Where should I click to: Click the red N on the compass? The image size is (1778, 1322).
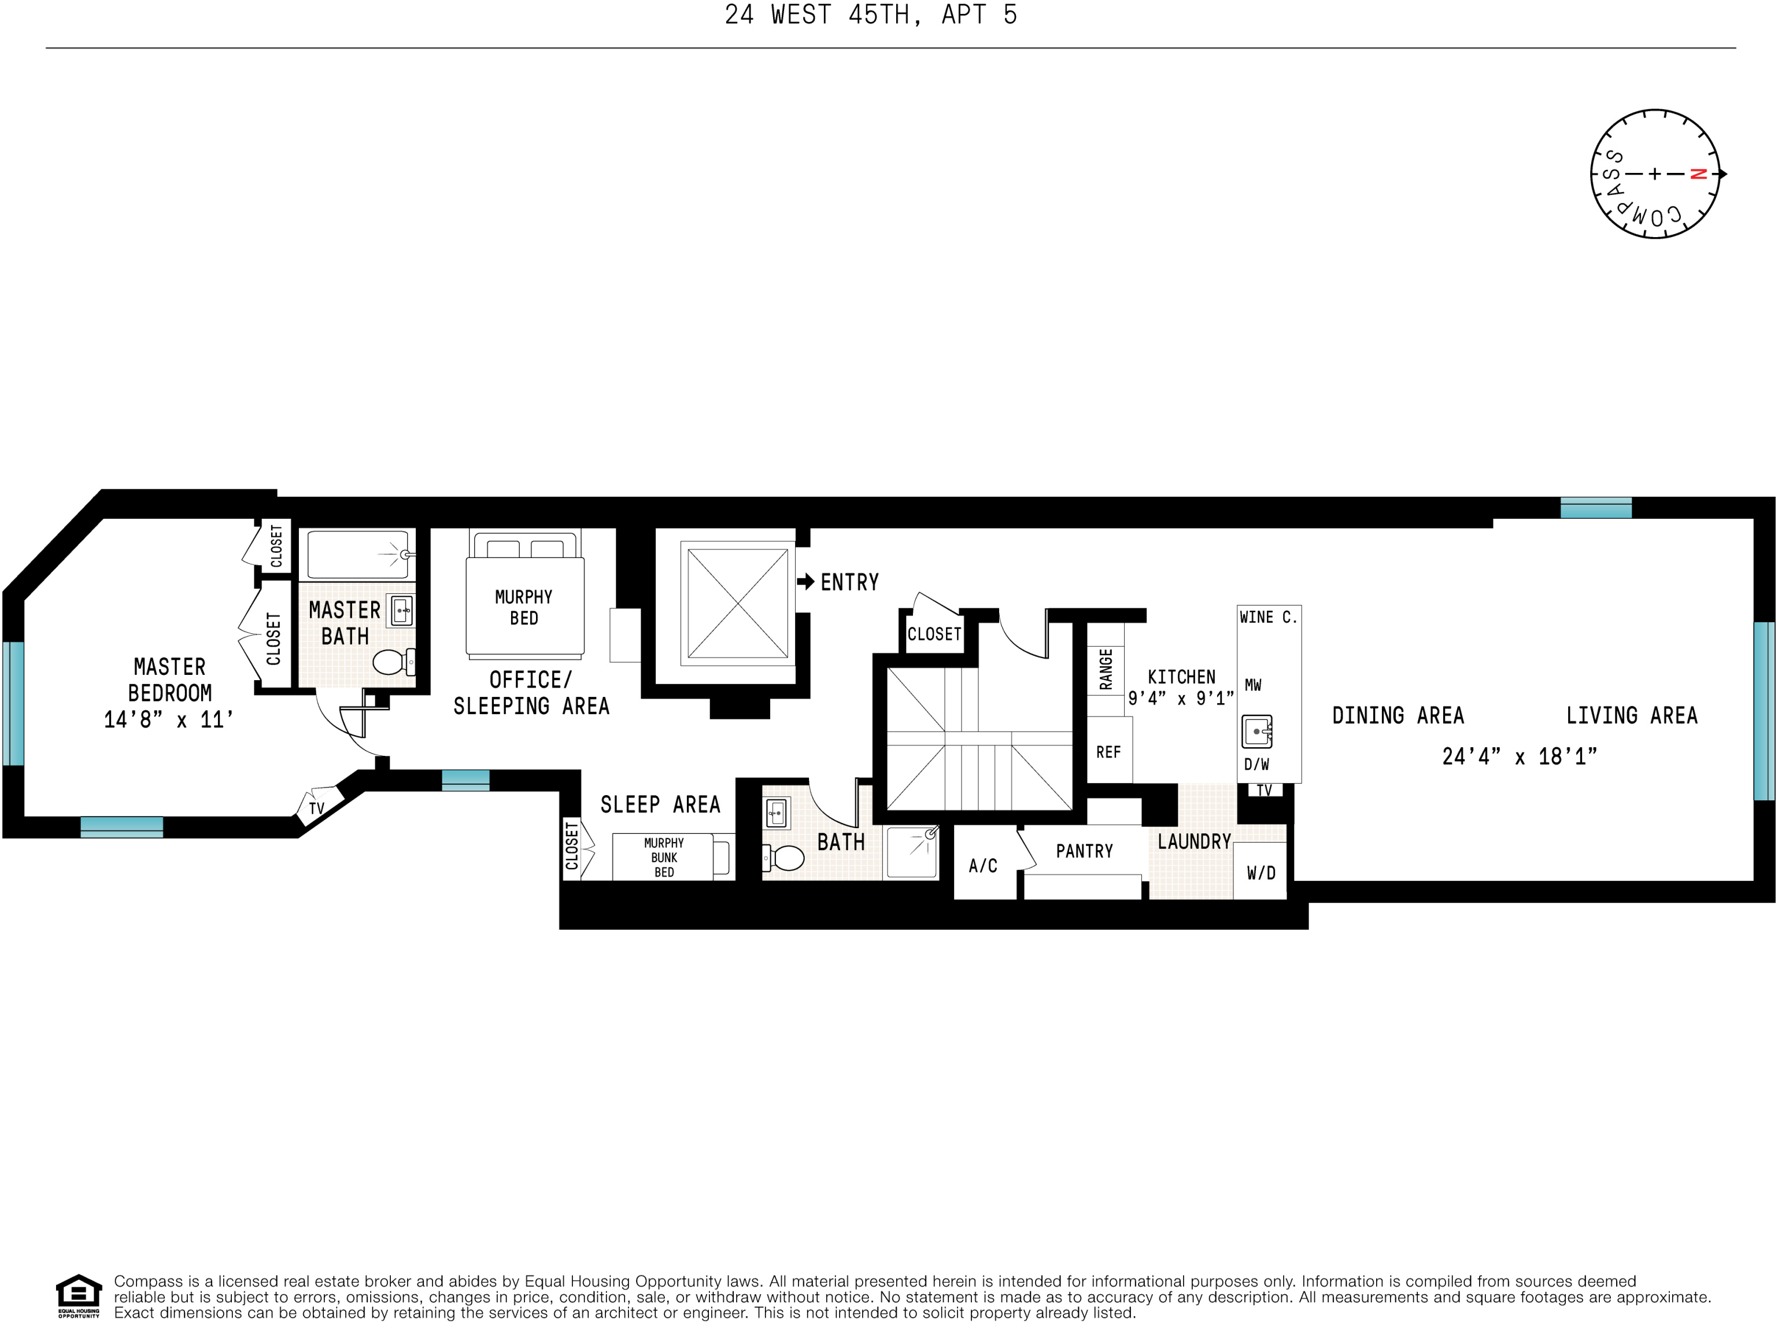tap(1699, 173)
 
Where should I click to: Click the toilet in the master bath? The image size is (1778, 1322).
tap(391, 662)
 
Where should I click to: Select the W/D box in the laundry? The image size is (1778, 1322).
tap(1261, 872)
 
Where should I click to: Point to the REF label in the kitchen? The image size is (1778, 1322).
tap(1108, 752)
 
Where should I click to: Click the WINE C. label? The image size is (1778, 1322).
tap(1268, 617)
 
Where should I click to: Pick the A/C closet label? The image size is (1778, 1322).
tap(982, 865)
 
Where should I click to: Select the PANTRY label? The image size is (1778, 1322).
tap(1084, 851)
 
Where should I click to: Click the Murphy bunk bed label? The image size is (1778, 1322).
tap(663, 857)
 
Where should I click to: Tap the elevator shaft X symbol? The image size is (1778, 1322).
tap(737, 603)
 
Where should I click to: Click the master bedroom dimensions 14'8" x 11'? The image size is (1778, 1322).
tap(168, 719)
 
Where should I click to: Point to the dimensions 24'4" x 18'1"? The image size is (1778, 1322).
tap(1519, 756)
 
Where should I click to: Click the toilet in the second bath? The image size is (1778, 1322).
tap(786, 858)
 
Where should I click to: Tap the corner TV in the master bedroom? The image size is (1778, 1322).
tap(317, 807)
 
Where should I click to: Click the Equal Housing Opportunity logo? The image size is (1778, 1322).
tap(79, 1295)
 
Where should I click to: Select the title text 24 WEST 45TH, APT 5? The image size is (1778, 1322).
tap(871, 15)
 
